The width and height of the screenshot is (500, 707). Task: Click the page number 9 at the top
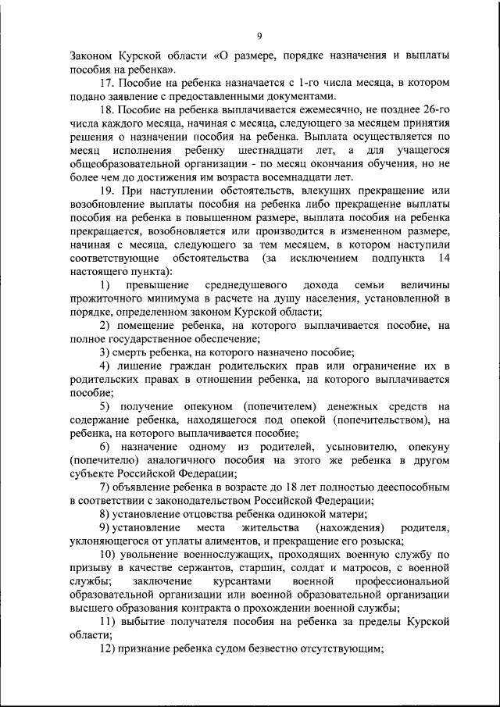[259, 34]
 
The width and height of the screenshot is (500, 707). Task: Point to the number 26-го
[433, 110]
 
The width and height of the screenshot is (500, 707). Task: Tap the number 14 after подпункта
[443, 257]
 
